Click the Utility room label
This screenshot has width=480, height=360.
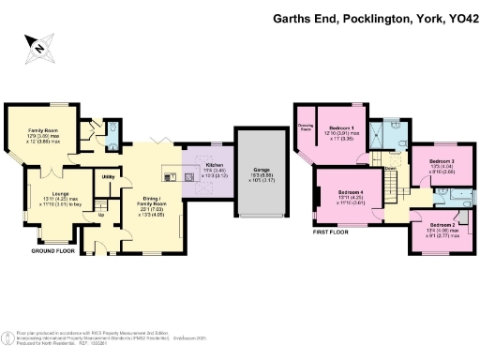(108, 176)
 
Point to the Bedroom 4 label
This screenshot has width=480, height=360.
(351, 193)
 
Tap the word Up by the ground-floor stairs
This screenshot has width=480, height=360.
(102, 215)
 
